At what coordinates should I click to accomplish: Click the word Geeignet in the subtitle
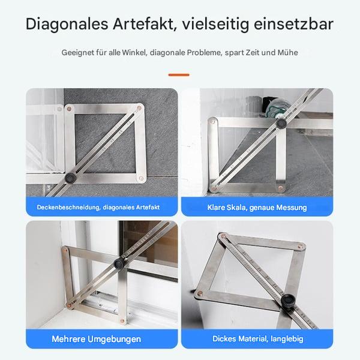[76, 53]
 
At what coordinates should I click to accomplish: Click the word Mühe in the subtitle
[288, 53]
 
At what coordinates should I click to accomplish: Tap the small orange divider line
[179, 75]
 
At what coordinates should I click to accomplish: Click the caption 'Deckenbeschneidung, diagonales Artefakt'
[98, 207]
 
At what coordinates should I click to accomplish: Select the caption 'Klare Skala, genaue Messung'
[257, 207]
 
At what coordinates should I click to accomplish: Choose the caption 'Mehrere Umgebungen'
[96, 339]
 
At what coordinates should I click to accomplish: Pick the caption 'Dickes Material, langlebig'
[257, 339]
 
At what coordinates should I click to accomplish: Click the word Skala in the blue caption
[239, 207]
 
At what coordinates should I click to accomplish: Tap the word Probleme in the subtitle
[203, 53]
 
